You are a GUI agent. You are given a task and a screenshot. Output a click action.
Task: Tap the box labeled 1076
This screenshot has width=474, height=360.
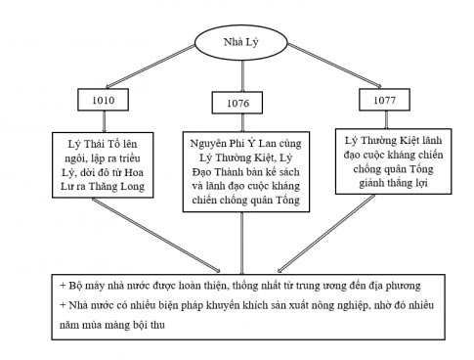(x=236, y=103)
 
